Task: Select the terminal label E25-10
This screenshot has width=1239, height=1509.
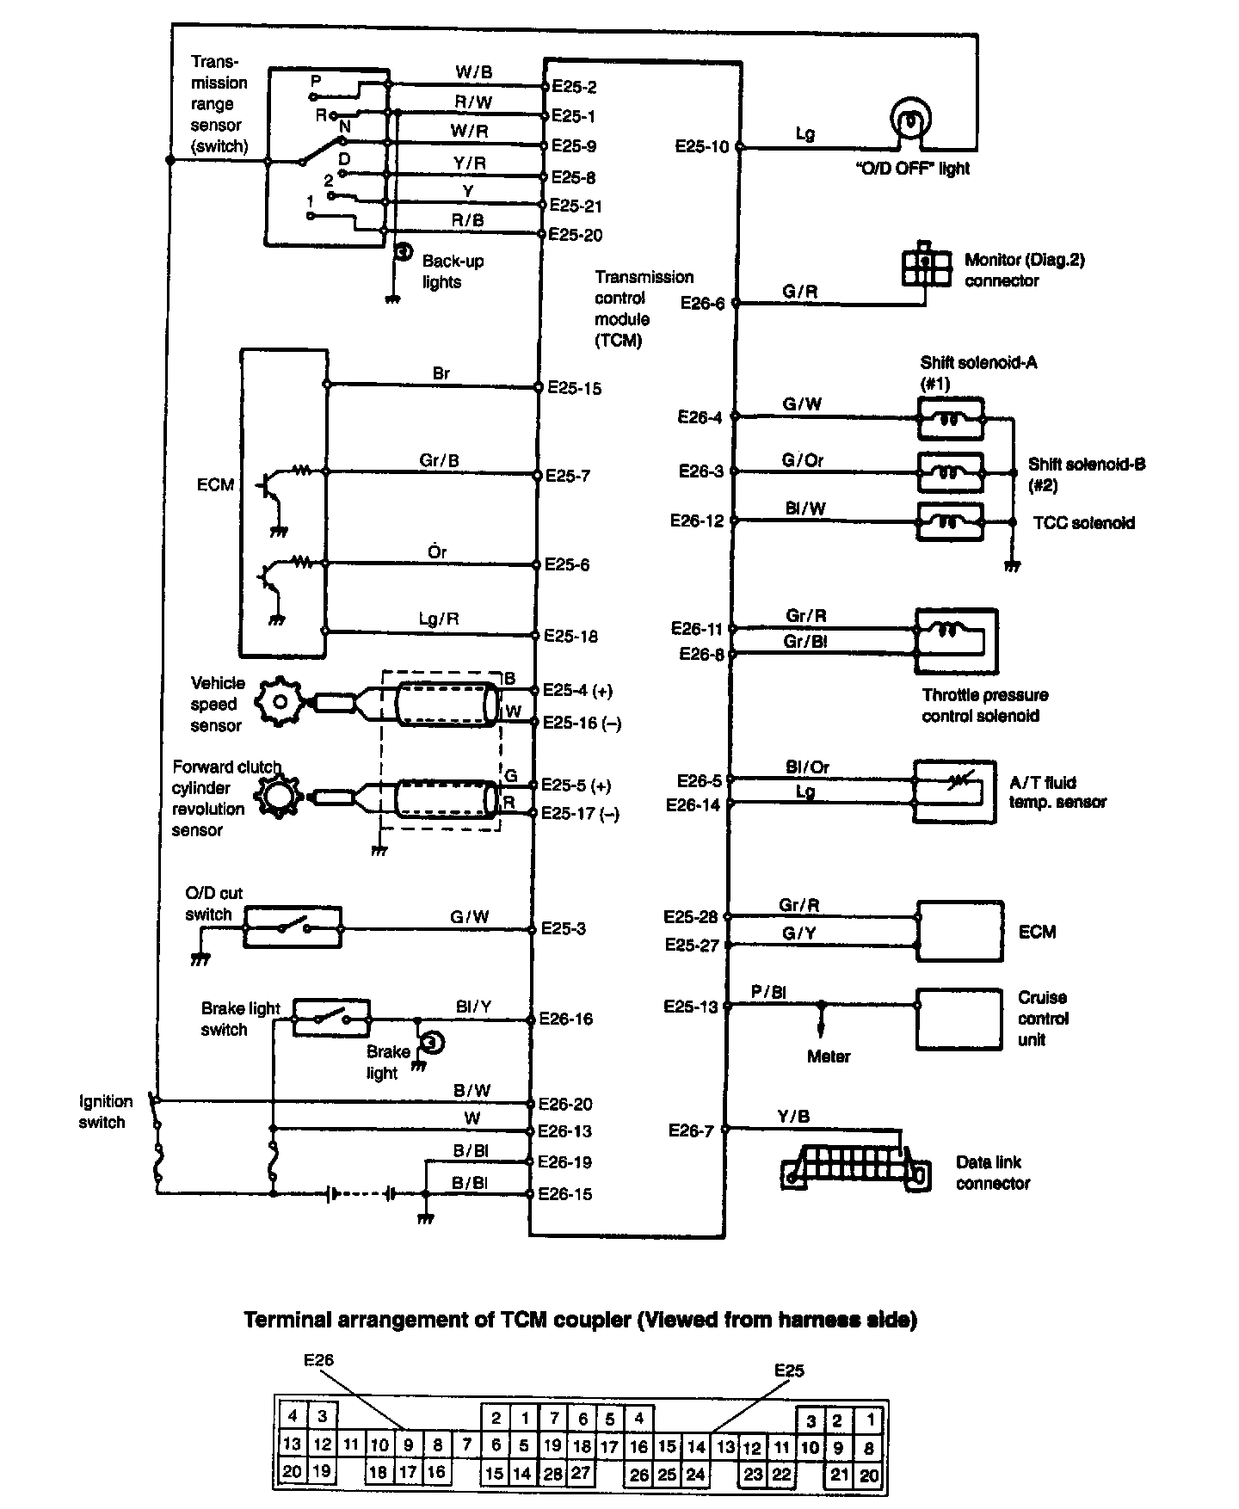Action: [x=701, y=147]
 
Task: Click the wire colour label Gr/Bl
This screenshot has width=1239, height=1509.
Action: [x=805, y=642]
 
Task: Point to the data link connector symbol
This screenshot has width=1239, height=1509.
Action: [x=856, y=1167]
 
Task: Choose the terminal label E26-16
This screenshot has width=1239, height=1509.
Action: [x=565, y=1019]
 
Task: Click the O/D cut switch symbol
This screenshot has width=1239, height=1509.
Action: [x=293, y=927]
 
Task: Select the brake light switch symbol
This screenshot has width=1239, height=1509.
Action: [x=332, y=1018]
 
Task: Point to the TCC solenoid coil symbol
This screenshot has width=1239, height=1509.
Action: [x=951, y=521]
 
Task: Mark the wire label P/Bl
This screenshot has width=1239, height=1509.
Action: [x=768, y=992]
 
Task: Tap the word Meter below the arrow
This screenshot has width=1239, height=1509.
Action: [x=829, y=1056]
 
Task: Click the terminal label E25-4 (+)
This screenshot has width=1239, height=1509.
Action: [x=578, y=691]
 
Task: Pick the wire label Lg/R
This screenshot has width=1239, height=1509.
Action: [x=439, y=619]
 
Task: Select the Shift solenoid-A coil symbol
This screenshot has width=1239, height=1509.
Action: [x=951, y=419]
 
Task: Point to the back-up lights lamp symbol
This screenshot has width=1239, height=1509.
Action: [x=402, y=252]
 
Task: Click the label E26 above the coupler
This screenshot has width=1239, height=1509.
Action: [x=318, y=1360]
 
